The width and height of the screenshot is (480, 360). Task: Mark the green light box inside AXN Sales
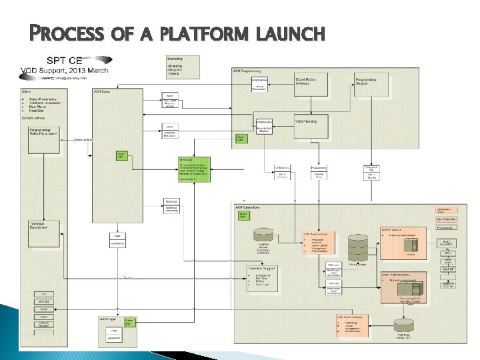point(121,155)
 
